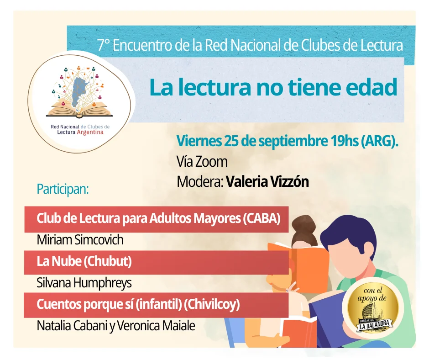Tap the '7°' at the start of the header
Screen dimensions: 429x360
point(104,45)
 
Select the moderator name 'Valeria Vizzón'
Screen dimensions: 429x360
point(267,182)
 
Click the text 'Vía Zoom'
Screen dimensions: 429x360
point(202,162)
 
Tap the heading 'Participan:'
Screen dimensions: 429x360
point(63,189)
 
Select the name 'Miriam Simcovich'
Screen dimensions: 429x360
point(80,240)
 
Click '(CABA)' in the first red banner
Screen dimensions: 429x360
point(262,219)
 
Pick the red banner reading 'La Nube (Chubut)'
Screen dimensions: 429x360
point(156,262)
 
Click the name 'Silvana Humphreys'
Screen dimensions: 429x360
point(84,283)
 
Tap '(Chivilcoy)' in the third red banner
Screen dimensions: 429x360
point(212,304)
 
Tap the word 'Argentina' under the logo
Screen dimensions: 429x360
point(90,132)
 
